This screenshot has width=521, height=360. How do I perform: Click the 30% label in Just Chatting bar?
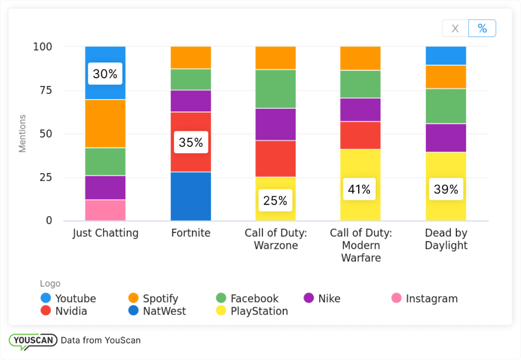coord(105,74)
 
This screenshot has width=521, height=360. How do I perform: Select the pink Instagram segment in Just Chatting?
coord(105,210)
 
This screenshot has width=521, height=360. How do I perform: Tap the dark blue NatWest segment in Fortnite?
coord(190,196)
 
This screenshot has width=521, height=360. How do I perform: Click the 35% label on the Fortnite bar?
coord(191,142)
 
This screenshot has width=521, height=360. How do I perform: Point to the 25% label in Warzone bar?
coord(275,200)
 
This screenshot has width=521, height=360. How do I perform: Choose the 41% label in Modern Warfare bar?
coord(359,189)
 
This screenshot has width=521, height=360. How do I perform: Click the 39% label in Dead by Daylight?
coord(446,189)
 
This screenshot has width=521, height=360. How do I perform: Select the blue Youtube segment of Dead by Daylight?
coord(446,55)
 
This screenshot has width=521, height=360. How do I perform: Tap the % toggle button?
coord(482,29)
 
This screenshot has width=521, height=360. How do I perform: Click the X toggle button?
coord(455,29)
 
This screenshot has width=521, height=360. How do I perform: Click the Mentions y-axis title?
coord(22,134)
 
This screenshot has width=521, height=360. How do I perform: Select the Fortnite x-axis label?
coord(190,233)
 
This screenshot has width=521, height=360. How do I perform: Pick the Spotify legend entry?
coord(153,299)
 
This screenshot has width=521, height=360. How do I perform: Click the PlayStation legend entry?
coord(252,311)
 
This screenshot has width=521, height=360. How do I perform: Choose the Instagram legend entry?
coord(424,299)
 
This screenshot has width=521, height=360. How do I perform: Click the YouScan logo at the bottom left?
coord(33,341)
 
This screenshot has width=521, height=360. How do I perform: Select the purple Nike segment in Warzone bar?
coord(275,124)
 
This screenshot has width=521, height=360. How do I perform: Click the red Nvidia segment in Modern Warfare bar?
coord(360,135)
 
